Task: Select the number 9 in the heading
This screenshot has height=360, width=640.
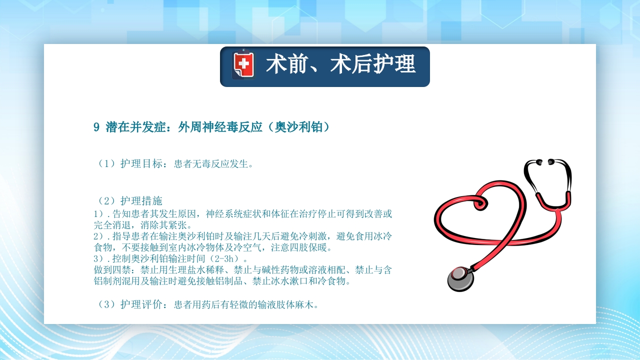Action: click(x=96, y=127)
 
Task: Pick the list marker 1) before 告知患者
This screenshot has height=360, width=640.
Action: click(x=99, y=214)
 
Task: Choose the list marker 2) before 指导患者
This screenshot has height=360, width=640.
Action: click(x=99, y=236)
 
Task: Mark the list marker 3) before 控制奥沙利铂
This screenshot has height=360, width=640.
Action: click(x=99, y=259)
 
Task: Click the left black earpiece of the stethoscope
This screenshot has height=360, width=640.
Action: click(x=538, y=162)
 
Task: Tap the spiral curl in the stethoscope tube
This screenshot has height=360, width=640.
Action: click(x=477, y=202)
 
